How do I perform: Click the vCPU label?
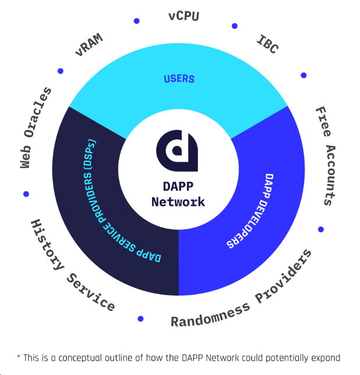[184, 16]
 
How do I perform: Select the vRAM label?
[89, 44]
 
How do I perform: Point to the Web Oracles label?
[36, 128]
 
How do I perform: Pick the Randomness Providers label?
[242, 289]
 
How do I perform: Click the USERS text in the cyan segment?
[179, 79]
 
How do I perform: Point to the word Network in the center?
[178, 202]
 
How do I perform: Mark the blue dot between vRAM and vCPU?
[137, 21]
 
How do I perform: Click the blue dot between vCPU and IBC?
[235, 26]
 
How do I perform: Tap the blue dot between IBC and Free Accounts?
[303, 76]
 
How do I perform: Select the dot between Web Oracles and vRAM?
[61, 72]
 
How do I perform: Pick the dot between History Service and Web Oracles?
[26, 194]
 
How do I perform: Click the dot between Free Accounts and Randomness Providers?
[321, 229]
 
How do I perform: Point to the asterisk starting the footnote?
[19, 356]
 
